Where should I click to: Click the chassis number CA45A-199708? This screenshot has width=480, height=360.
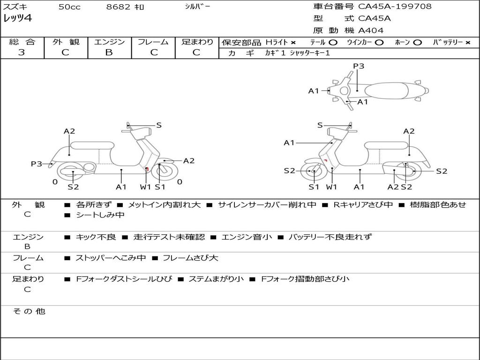coord(395,7)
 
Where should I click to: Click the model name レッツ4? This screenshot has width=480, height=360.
coord(17,18)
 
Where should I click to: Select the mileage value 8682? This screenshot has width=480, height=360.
coord(118,7)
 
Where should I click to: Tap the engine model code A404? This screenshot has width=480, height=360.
coord(371,30)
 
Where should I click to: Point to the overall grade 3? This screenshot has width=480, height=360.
coord(22,52)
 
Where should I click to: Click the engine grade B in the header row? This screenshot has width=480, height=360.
coord(109,52)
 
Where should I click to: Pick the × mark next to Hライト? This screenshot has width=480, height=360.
coord(293,43)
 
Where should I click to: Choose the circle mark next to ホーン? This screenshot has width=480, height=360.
coord(417,43)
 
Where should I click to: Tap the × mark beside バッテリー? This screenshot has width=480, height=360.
coord(468,43)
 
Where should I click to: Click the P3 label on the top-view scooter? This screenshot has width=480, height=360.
coord(359,66)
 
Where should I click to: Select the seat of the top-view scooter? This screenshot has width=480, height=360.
coord(387,91)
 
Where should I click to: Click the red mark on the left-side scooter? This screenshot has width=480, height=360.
coord(148,169)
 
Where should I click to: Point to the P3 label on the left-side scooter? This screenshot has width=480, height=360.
coord(37,164)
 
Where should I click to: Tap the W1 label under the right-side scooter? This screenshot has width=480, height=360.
coord(331,187)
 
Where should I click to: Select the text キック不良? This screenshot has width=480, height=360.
coord(96,237)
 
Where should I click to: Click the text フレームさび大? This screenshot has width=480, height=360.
coord(190,258)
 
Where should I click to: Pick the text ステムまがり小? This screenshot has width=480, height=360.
coord(216,279)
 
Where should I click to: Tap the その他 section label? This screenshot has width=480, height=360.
coord(29,311)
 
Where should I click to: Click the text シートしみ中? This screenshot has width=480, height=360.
coord(100,215)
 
